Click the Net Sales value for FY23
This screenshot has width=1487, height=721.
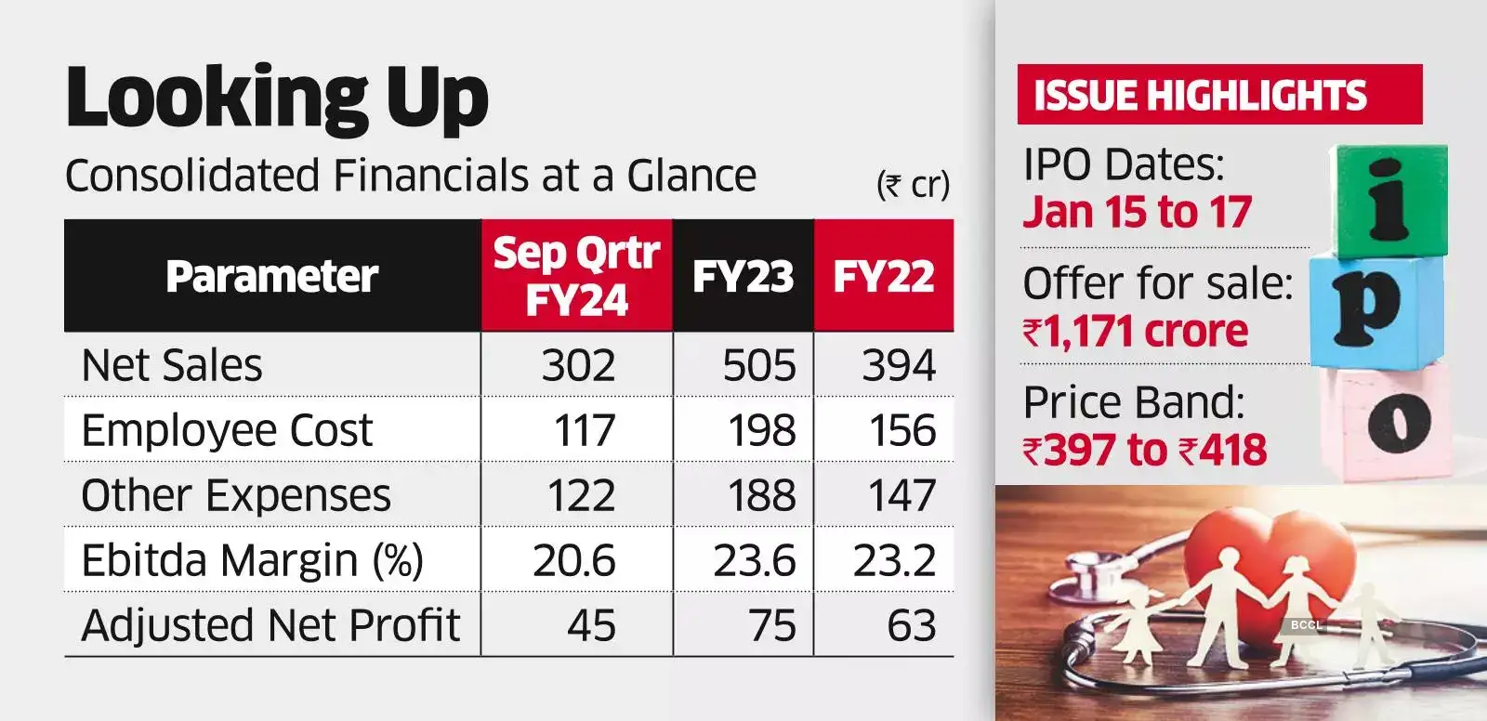759,365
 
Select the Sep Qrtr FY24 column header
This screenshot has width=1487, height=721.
576,276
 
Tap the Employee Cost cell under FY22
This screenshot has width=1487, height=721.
901,430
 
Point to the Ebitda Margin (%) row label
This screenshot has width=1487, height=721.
252,560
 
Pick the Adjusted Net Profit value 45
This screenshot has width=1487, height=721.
591,625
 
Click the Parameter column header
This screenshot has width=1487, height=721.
272,276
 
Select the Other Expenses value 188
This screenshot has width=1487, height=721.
761,495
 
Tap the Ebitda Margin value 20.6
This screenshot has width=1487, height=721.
574,560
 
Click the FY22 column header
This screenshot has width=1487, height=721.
884,276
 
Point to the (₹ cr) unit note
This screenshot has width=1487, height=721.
913,184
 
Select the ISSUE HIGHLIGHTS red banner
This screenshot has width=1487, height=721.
1218,95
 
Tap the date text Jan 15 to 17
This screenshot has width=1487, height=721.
1138,212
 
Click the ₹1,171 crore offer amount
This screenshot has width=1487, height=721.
1136,332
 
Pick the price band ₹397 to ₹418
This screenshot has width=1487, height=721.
1145,451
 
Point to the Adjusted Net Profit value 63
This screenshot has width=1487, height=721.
911,625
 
